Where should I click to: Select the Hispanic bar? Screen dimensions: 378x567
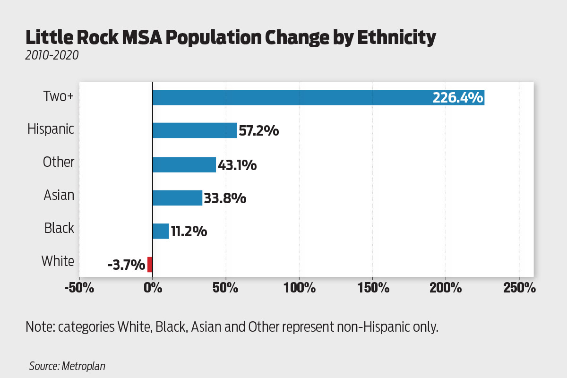(195, 130)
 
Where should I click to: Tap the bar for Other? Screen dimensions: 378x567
(184, 164)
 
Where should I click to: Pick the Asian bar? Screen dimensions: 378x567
(177, 198)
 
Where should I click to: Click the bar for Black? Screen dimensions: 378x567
(161, 231)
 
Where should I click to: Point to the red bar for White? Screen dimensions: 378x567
(150, 264)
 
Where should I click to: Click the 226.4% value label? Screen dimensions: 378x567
(457, 98)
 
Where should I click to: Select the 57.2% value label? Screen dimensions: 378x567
(258, 131)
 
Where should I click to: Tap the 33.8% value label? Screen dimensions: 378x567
(225, 198)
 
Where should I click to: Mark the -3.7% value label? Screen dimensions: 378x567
(126, 265)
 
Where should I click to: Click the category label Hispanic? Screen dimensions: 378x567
(51, 129)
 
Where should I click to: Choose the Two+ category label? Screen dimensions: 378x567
(59, 96)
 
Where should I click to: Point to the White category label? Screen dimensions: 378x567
(58, 261)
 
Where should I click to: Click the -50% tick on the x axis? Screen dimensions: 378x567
(79, 287)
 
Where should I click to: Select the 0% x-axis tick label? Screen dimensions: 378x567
(152, 287)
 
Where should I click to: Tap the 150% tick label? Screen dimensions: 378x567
(372, 287)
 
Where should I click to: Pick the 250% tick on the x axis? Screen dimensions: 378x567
(519, 287)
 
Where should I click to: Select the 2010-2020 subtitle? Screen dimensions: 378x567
(52, 56)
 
